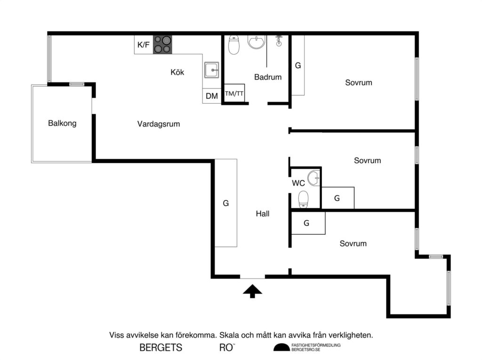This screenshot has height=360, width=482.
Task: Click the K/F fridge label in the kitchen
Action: click(143, 45)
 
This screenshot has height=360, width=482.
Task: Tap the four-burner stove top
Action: click(162, 45)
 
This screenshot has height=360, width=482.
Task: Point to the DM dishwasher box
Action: click(212, 96)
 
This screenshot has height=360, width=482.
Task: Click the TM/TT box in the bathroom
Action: click(234, 94)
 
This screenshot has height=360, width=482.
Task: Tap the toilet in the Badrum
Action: click(233, 45)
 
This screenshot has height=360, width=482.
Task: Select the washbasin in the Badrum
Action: click(257, 42)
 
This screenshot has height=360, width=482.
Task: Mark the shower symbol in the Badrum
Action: click(279, 40)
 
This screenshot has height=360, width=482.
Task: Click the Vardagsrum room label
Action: click(159, 124)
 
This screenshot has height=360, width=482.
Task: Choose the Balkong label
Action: click(62, 124)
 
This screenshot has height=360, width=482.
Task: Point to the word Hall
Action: click(263, 214)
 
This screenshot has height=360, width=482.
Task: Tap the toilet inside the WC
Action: click(304, 199)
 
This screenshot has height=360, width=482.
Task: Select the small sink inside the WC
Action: click(313, 178)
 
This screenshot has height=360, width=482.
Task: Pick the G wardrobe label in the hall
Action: click(226, 203)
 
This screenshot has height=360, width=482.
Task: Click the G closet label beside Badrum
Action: click(297, 65)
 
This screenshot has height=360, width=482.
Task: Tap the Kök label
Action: click(177, 72)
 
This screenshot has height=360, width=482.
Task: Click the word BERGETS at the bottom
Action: click(161, 348)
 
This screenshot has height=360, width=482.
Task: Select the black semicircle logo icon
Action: click(281, 348)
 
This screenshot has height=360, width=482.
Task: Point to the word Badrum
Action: click(268, 77)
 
